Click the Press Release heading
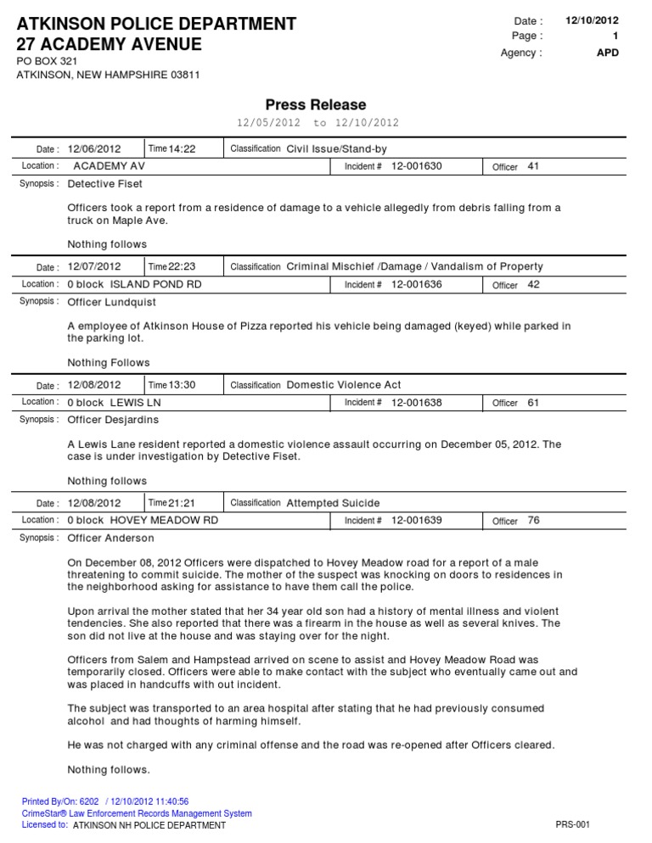(316, 104)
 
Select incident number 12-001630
(417, 166)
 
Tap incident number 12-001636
(417, 284)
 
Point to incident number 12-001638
(417, 402)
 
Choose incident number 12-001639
(417, 520)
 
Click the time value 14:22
(183, 149)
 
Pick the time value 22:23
(183, 267)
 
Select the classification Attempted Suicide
(334, 503)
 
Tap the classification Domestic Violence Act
(344, 385)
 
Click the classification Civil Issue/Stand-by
(337, 149)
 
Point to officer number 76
(534, 520)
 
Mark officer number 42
(534, 284)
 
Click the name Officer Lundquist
(112, 302)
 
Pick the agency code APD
(608, 53)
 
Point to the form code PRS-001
(572, 824)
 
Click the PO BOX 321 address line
(49, 62)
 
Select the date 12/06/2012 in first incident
(94, 149)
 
